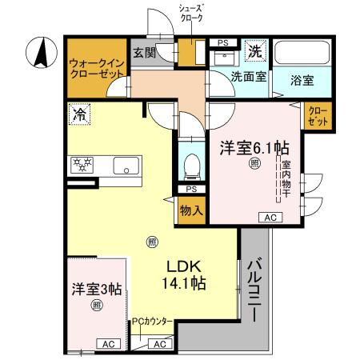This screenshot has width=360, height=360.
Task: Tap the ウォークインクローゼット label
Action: click(96, 66)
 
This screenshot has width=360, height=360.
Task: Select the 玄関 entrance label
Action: click(144, 54)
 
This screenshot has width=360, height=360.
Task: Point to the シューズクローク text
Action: click(190, 12)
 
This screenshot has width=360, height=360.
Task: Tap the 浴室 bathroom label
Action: click(302, 81)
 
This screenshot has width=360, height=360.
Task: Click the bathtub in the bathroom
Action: click(301, 54)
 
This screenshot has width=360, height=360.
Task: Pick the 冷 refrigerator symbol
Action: click(79, 114)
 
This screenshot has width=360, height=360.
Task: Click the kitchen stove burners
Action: click(83, 165)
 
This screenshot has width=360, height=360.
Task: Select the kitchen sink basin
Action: click(125, 166)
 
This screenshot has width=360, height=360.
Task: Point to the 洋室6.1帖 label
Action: click(254, 147)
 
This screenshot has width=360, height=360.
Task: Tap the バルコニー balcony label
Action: click(253, 289)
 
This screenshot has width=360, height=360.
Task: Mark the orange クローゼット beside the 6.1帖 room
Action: click(318, 117)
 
